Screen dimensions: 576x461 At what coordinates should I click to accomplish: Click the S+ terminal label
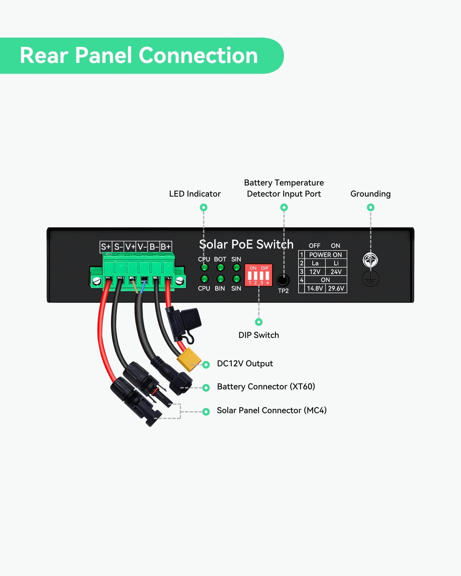pyautogui.click(x=106, y=247)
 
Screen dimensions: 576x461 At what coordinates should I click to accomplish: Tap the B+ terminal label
pyautogui.click(x=166, y=247)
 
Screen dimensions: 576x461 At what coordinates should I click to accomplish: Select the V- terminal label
pyautogui.click(x=142, y=247)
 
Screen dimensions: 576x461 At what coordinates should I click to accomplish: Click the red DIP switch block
pyautogui.click(x=259, y=275)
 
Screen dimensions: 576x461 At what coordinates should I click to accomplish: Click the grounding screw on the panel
pyautogui.click(x=370, y=260)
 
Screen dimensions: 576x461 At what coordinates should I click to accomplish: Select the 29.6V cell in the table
pyautogui.click(x=336, y=288)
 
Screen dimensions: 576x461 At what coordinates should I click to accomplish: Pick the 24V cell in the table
pyautogui.click(x=336, y=271)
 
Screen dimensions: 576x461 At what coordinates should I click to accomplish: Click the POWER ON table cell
pyautogui.click(x=325, y=255)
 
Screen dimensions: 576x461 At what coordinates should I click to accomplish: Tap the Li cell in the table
pyautogui.click(x=336, y=263)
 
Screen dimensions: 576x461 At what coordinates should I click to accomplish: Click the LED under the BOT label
pyautogui.click(x=220, y=267)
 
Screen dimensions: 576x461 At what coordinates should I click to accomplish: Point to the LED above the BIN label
pyautogui.click(x=220, y=279)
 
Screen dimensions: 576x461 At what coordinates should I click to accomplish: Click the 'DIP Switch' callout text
pyautogui.click(x=259, y=335)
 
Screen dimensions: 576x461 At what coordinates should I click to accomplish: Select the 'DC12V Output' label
pyautogui.click(x=245, y=364)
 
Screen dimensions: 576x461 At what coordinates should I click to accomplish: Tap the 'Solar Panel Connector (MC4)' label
pyautogui.click(x=272, y=410)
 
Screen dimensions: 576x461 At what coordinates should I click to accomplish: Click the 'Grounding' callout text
pyautogui.click(x=370, y=194)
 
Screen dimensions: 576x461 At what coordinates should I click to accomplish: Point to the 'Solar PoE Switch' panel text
pyautogui.click(x=246, y=244)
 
